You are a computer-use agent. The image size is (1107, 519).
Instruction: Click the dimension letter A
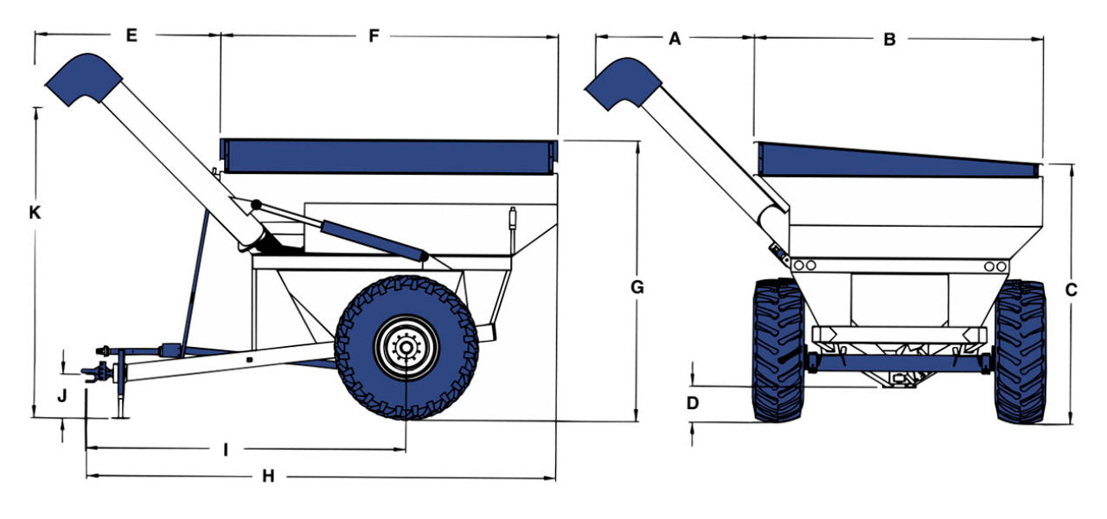(x=675, y=38)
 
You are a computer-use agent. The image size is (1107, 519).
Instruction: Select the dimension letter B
(x=889, y=39)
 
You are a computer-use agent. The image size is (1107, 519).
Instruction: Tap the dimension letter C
(x=1071, y=291)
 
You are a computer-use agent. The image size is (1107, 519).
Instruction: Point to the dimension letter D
(x=692, y=402)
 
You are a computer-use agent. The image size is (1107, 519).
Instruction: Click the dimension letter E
(x=131, y=35)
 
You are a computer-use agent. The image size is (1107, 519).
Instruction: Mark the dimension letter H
(x=268, y=477)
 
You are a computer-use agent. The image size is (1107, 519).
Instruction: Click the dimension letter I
(x=226, y=450)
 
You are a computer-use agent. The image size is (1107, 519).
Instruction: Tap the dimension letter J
(x=61, y=396)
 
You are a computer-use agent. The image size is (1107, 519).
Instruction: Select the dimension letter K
(x=35, y=213)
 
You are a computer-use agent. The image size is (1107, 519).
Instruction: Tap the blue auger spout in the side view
(x=83, y=79)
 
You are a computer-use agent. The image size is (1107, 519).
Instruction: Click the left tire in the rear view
(x=778, y=349)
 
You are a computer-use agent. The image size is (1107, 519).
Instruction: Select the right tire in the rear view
(x=1020, y=351)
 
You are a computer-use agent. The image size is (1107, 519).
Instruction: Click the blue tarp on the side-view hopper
(x=389, y=157)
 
